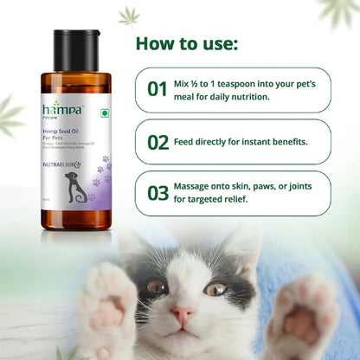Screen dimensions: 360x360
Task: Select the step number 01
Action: pyautogui.click(x=157, y=89)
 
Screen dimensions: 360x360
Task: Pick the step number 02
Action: pyautogui.click(x=157, y=141)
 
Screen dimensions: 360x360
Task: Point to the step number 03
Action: pyautogui.click(x=157, y=193)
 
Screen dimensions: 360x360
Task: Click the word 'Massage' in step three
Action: pyautogui.click(x=202, y=186)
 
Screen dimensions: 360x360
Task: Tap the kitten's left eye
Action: pyautogui.click(x=157, y=286)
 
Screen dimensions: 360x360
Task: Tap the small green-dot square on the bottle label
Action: pyautogui.click(x=106, y=113)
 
